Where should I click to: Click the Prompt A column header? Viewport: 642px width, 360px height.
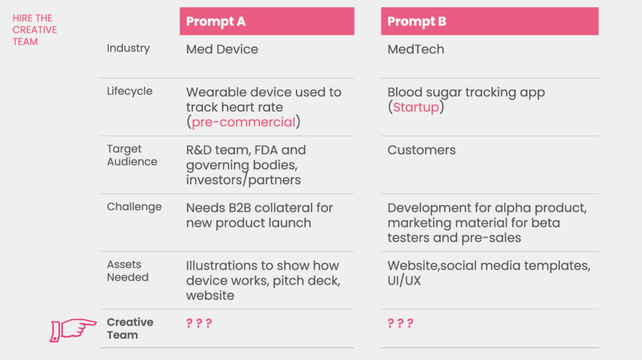click(267, 21)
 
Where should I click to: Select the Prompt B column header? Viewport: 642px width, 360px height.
click(490, 21)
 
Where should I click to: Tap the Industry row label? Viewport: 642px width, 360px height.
click(128, 48)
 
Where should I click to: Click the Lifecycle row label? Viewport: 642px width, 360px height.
click(129, 91)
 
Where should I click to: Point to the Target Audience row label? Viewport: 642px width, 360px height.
click(132, 155)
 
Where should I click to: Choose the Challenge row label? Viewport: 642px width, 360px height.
click(134, 207)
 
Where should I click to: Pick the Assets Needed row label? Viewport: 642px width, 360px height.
click(128, 271)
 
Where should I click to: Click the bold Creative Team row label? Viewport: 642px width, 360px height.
click(130, 329)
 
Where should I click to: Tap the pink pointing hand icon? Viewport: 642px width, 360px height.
click(73, 330)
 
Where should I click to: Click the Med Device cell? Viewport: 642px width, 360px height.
click(222, 49)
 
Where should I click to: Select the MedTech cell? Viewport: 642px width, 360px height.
click(416, 49)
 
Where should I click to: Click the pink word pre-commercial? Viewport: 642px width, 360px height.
click(243, 122)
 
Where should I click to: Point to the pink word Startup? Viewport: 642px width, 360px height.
click(416, 107)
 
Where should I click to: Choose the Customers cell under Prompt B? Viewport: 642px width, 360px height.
click(421, 150)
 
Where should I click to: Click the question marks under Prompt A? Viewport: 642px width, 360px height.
click(199, 323)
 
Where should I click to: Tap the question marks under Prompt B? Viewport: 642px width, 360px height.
click(401, 323)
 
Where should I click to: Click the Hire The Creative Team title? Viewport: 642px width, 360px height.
click(34, 30)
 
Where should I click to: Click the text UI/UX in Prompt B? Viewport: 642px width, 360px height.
click(404, 281)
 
